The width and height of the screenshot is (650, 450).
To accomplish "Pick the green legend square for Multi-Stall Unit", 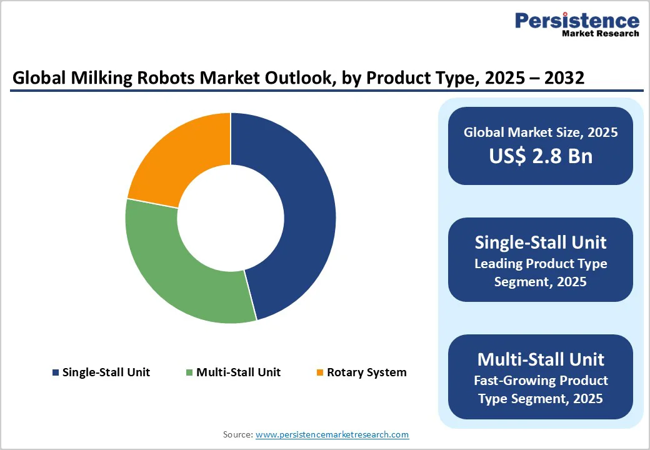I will click(x=189, y=373).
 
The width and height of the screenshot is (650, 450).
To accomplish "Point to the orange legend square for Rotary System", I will click(x=320, y=373).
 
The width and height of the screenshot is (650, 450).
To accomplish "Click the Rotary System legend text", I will click(x=367, y=372).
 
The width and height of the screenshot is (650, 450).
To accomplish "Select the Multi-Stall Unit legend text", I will click(x=238, y=372).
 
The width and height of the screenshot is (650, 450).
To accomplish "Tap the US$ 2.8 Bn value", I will click(x=541, y=156).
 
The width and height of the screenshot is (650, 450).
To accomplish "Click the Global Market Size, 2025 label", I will click(x=541, y=132).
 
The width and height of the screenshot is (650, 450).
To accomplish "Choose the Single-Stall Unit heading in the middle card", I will click(x=541, y=242).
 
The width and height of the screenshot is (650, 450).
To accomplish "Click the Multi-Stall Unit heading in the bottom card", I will click(x=541, y=359).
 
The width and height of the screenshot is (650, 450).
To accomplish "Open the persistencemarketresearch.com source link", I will click(x=332, y=434).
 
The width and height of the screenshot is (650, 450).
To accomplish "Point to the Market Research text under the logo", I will click(x=600, y=34).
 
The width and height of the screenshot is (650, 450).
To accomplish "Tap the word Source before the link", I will click(x=237, y=434).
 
